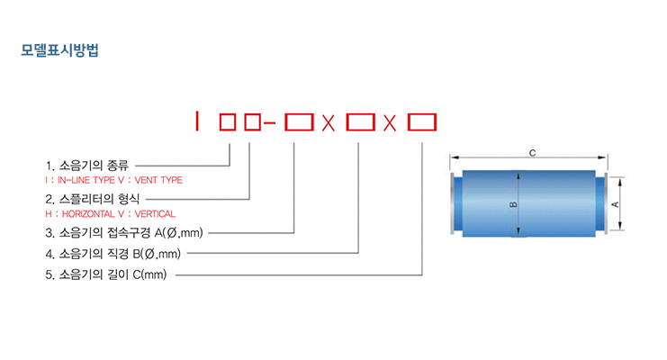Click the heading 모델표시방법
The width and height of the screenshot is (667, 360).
(60, 50)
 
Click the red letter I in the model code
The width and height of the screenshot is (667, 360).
(197, 121)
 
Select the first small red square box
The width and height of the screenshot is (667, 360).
(228, 121)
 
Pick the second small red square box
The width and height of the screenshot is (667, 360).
(253, 121)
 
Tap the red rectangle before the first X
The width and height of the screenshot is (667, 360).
(299, 121)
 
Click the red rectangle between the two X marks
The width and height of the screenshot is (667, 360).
(361, 121)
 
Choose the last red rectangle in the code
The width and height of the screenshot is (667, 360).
(422, 121)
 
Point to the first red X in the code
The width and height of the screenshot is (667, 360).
(329, 124)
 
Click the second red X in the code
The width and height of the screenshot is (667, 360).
(390, 124)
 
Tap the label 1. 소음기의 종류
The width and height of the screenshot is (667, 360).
(87, 165)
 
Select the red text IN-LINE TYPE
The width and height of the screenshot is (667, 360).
(86, 180)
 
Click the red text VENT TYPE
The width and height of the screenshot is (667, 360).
(158, 180)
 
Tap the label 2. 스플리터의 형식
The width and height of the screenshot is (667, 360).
(93, 199)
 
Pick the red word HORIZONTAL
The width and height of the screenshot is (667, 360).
(88, 213)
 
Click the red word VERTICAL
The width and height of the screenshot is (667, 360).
(155, 213)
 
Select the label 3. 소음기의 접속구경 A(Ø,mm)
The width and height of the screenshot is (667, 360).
(124, 233)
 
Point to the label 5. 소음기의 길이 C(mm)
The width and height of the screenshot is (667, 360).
(106, 274)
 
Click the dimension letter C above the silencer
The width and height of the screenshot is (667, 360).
(532, 153)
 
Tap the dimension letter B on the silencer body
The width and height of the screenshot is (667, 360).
(513, 204)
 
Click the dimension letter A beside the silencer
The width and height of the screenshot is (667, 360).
(615, 204)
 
